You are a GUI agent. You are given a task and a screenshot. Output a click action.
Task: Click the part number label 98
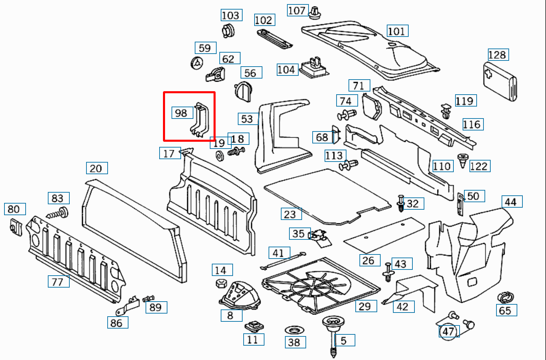pos(182,113)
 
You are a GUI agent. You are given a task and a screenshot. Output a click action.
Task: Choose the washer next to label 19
pos(219,155)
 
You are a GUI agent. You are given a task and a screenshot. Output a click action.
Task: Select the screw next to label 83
pos(59,213)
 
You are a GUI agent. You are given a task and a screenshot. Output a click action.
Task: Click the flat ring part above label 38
pos(295,330)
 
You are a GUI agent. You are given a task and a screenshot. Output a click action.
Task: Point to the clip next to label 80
pos(15,227)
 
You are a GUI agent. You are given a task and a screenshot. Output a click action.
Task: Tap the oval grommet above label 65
pos(506,297)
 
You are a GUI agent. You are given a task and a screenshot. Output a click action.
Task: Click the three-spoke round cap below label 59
pos(196,63)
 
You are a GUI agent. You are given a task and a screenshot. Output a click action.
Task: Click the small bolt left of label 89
pos(149,298)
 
